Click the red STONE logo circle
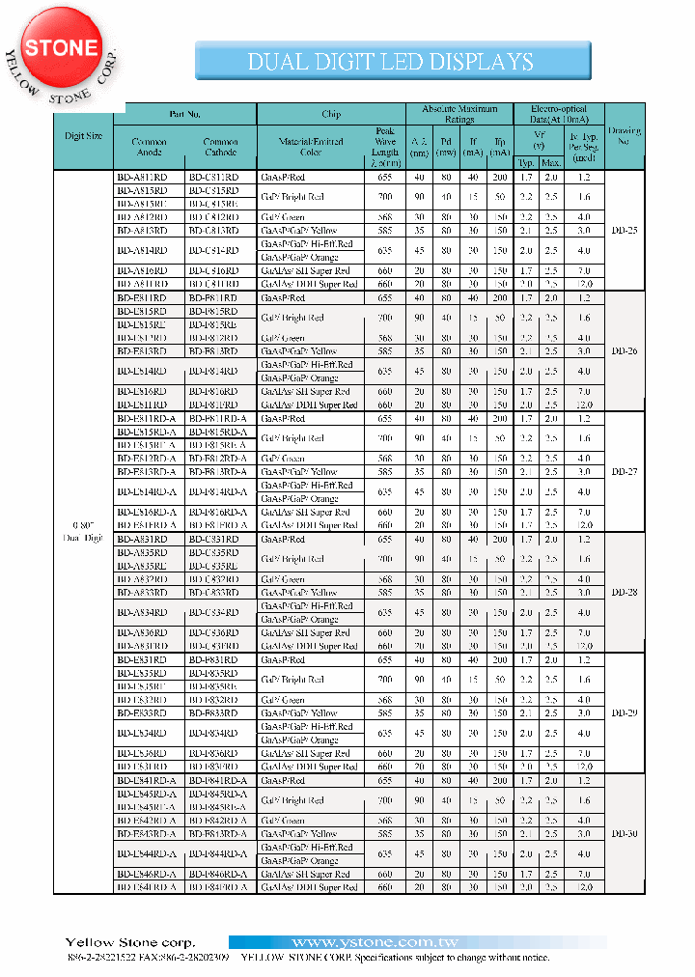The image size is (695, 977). pos(60,48)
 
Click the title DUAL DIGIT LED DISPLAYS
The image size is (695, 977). pos(391,62)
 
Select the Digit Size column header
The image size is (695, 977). pos(82,136)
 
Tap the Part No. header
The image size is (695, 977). pos(184,114)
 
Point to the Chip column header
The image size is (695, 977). pos(331,114)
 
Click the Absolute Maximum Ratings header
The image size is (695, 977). pos(459,114)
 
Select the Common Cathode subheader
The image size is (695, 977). pos(220,147)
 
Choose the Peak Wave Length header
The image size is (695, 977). pos(384,147)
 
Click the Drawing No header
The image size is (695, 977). pos(624,136)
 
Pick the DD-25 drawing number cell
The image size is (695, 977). pos(624,231)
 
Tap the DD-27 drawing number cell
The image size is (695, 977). pos(624,472)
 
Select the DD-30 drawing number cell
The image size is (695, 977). pos(624,834)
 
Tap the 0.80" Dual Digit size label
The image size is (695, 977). pos(82,531)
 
